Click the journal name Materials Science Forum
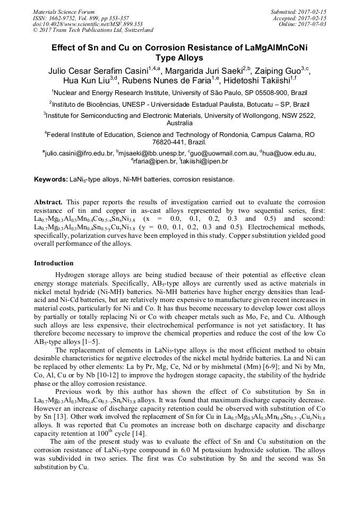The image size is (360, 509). pos(64,12)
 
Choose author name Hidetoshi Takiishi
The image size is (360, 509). pos(255,81)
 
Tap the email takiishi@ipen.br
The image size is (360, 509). pos(204,161)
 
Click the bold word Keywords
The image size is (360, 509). pos(50,179)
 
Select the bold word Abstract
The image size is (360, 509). pos(48,203)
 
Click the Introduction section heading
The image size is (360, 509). pos(54,263)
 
